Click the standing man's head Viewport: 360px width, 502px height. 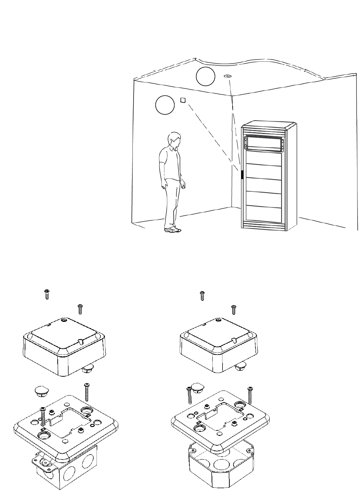174,140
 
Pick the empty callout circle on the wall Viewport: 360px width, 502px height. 165,104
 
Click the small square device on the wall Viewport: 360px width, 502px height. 183,100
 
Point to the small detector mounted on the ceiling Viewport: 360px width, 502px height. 227,76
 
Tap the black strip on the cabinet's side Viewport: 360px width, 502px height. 242,174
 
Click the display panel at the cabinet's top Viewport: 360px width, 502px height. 264,143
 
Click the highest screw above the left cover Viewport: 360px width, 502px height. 46,294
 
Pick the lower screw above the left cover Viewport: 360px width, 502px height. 80,309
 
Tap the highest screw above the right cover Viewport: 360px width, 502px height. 202,296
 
